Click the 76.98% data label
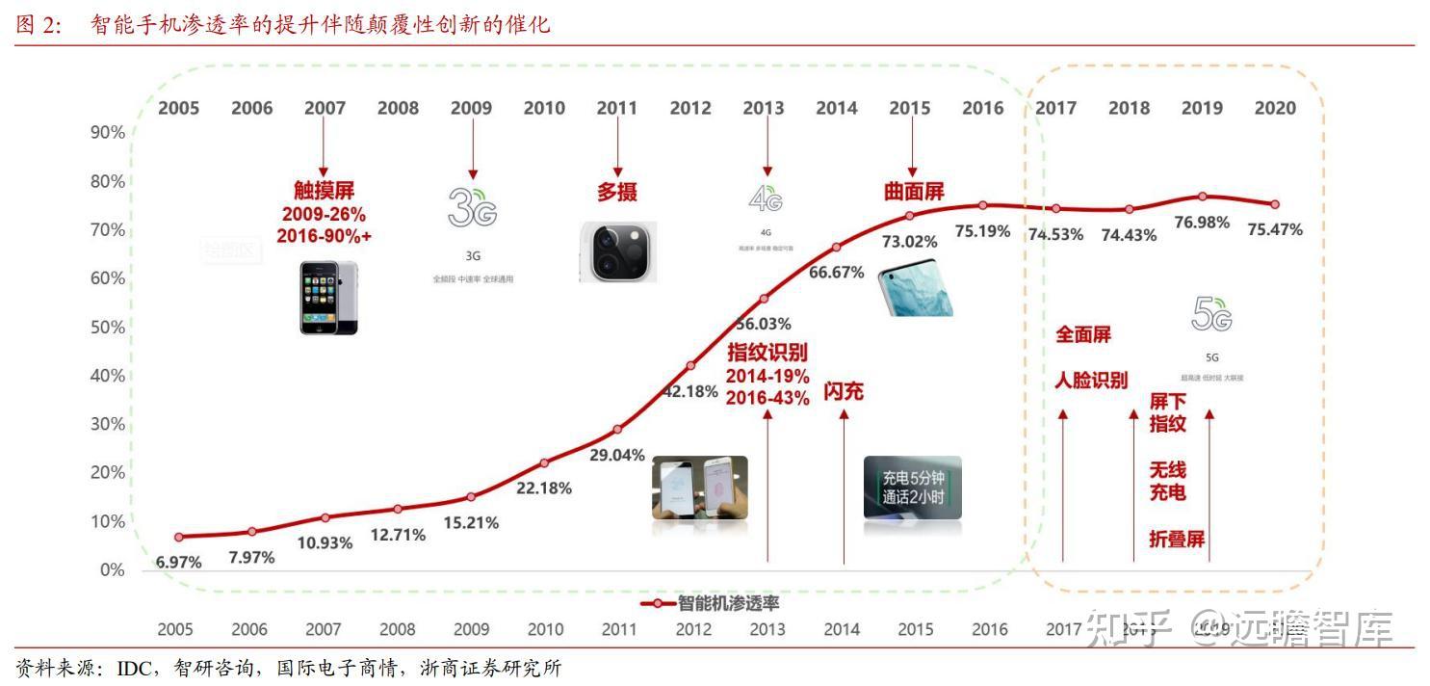click(x=1202, y=223)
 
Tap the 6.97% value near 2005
click(x=179, y=562)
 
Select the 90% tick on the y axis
click(x=108, y=132)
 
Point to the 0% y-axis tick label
click(x=113, y=569)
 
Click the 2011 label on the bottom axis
click(x=619, y=630)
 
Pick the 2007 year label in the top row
click(x=325, y=108)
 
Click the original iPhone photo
click(x=328, y=298)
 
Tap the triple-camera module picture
click(x=617, y=251)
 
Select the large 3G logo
click(x=472, y=207)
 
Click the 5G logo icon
click(x=1211, y=314)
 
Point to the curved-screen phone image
click(x=916, y=288)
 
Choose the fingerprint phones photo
click(x=699, y=488)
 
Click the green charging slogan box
click(x=912, y=488)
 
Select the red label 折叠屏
click(x=1177, y=539)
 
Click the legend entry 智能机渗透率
click(x=727, y=603)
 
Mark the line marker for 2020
click(x=1275, y=204)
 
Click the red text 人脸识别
click(x=1091, y=380)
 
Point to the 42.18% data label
click(x=690, y=391)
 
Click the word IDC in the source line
click(x=138, y=668)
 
